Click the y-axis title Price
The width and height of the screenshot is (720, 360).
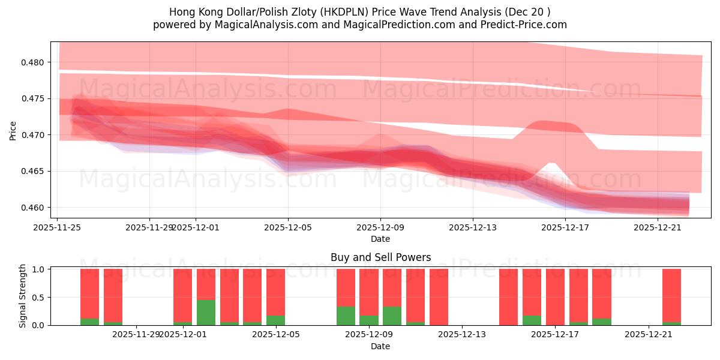pos(13,131)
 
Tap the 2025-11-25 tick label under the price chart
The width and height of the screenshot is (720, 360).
pos(58,227)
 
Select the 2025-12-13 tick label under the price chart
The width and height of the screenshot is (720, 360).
pos(473,227)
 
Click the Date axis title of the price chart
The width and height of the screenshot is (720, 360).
pos(380,239)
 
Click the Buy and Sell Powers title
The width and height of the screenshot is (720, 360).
pos(380,257)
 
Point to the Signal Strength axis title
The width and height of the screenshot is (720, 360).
pos(23,296)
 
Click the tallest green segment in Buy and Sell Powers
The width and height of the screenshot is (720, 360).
pos(206,313)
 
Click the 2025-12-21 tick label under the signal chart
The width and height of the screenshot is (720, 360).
pos(649,335)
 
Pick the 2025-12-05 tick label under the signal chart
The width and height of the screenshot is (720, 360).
pos(276,335)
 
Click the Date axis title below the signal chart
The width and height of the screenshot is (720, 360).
pos(380,346)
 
